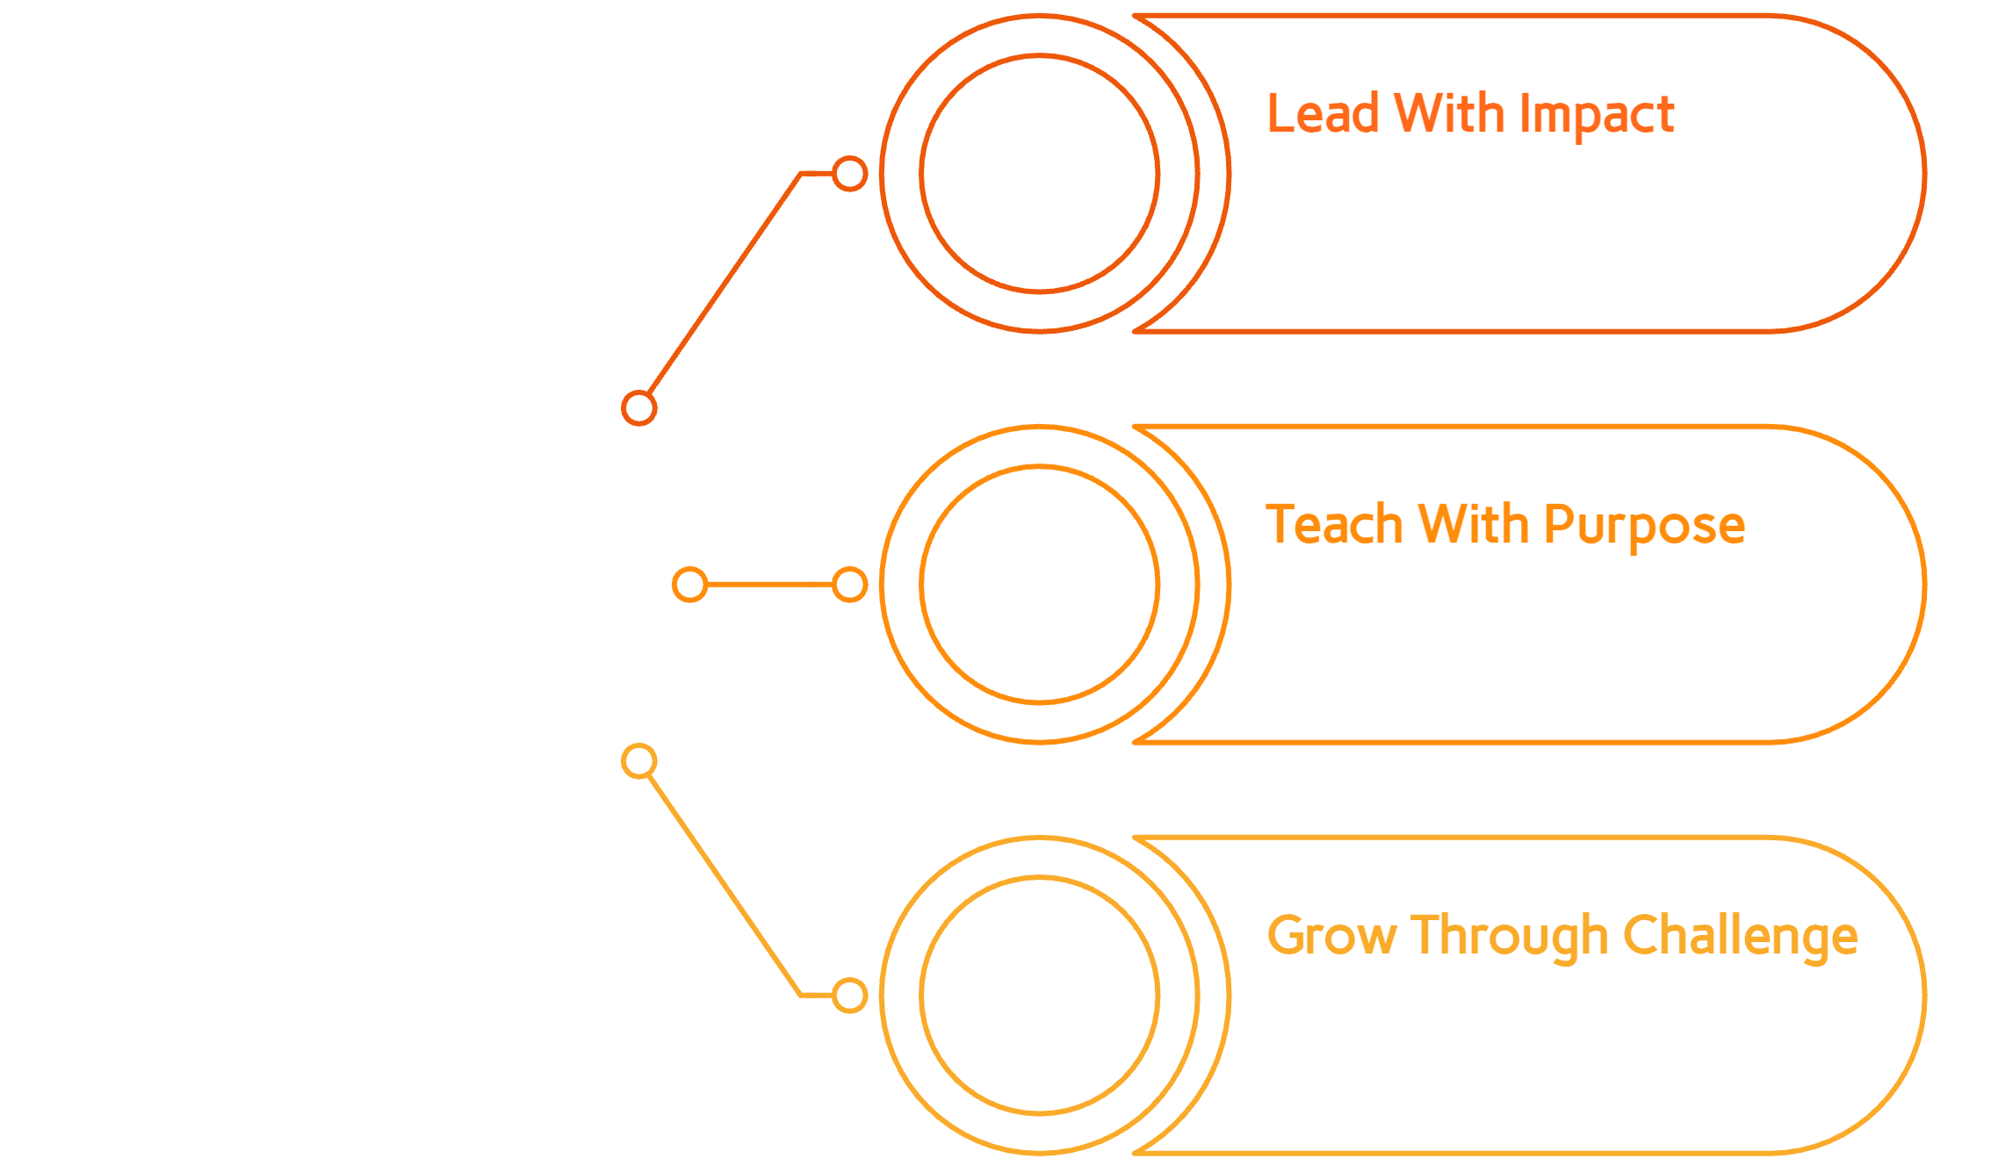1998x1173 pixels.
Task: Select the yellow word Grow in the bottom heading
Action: click(x=1331, y=936)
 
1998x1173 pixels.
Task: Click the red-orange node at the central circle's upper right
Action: click(x=639, y=407)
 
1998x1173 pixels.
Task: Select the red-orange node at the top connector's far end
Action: click(x=849, y=174)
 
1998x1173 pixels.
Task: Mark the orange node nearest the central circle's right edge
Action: click(x=689, y=585)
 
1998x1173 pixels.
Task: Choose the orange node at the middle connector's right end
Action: click(x=849, y=585)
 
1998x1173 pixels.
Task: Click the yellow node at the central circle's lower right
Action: click(x=639, y=761)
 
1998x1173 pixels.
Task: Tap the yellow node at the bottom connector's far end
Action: click(x=849, y=996)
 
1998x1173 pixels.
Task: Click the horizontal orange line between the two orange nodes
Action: click(x=769, y=585)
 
